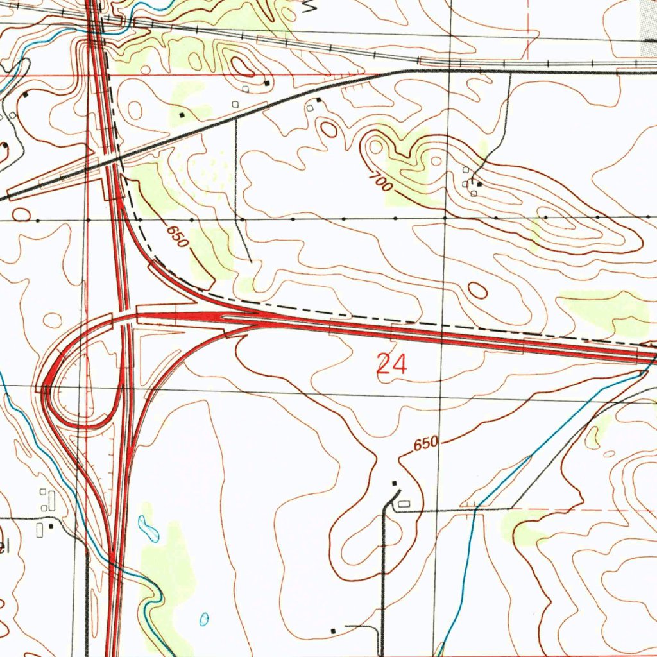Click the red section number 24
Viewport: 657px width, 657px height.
tap(391, 364)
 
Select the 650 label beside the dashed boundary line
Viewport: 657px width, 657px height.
tap(176, 236)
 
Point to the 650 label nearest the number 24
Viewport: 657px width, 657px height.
tap(425, 443)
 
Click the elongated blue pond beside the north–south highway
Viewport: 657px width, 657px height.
tap(149, 527)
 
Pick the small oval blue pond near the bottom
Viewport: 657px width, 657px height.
tap(204, 619)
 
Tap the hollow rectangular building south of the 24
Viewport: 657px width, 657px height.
tap(404, 504)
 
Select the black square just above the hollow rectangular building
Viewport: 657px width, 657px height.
tap(395, 483)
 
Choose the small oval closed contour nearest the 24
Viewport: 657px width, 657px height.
tap(477, 290)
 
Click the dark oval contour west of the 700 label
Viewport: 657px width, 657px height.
tap(329, 130)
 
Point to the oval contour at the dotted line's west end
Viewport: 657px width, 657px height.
tap(21, 214)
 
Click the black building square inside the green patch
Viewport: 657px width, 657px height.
tap(182, 115)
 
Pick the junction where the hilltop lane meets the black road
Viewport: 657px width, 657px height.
tap(510, 72)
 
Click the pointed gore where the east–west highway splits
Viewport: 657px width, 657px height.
tap(221, 316)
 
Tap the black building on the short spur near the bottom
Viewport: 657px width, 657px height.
tap(332, 631)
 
